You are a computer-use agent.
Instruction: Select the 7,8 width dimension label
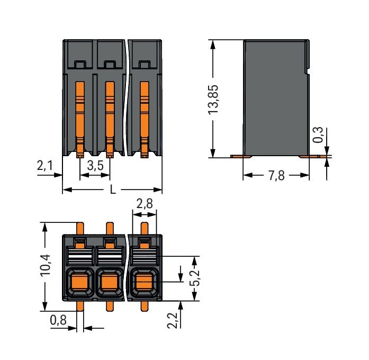(x=276, y=175)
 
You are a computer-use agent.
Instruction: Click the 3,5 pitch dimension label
(x=95, y=166)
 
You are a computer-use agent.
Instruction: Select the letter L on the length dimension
(x=113, y=190)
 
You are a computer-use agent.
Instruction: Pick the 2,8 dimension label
(x=145, y=204)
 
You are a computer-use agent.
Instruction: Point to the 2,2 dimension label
(x=173, y=319)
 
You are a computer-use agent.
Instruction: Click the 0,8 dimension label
(x=58, y=319)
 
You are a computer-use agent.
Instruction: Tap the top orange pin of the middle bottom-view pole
(x=110, y=228)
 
